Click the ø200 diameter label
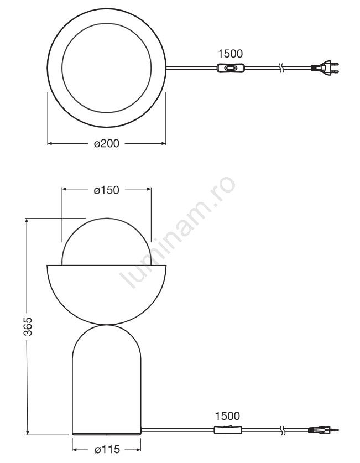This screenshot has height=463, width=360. pyautogui.click(x=107, y=143)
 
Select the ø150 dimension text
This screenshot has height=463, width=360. pyautogui.click(x=107, y=190)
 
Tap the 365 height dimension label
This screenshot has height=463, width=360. pyautogui.click(x=28, y=326)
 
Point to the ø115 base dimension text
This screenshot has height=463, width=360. pyautogui.click(x=107, y=449)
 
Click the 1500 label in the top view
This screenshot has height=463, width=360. pyautogui.click(x=230, y=54)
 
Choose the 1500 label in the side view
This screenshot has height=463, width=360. pyautogui.click(x=227, y=416)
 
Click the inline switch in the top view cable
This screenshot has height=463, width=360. pyautogui.click(x=230, y=68)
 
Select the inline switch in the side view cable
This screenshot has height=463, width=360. pyautogui.click(x=228, y=430)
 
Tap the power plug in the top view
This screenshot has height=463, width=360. pyautogui.click(x=325, y=67)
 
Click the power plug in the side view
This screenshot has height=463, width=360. pyautogui.click(x=323, y=430)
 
